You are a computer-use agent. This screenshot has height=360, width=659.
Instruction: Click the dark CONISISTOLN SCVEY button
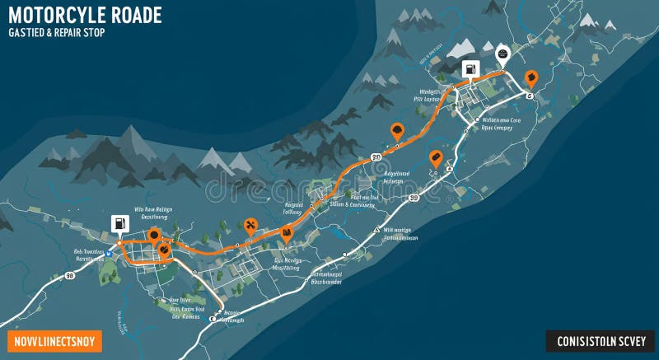coord(601,341)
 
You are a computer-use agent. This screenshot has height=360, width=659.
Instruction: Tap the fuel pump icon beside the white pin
coord(470,70)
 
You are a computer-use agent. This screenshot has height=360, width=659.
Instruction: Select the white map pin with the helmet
coord(502,55)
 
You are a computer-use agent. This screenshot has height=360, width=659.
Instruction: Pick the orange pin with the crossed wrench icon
coord(251,224)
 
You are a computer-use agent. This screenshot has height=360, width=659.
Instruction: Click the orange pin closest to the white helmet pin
coord(530,79)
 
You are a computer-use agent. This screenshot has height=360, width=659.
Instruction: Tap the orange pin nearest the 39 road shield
coord(397,130)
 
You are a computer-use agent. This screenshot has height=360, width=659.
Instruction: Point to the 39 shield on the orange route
coord(376,157)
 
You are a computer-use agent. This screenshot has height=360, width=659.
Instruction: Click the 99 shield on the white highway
coord(414,198)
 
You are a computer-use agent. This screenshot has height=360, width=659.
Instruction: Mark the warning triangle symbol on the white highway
coord(376,230)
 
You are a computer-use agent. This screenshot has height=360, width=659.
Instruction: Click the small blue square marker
coord(108,253)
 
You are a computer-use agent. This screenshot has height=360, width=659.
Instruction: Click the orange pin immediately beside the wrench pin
coord(287,233)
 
